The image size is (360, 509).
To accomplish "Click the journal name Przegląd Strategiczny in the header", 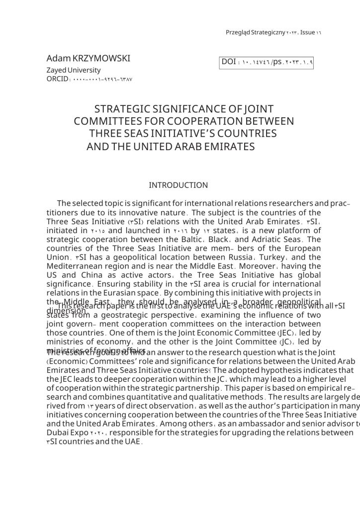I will (x=255, y=32).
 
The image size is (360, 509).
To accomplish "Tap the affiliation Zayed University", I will (x=73, y=70).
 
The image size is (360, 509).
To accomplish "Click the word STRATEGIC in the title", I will (x=123, y=109).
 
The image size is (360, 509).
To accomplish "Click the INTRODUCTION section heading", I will (x=179, y=185).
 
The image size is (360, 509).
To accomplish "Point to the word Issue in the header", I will (x=307, y=32).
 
